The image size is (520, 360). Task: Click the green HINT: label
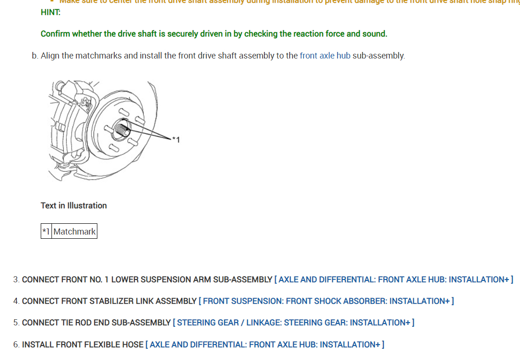tap(50, 12)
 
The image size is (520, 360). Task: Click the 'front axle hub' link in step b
tap(325, 56)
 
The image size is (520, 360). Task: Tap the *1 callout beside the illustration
tap(176, 139)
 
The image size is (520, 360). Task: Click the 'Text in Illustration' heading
tap(73, 206)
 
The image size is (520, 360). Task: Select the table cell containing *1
tap(46, 231)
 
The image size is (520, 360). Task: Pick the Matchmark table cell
tap(74, 231)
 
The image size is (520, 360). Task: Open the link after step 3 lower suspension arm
tap(394, 279)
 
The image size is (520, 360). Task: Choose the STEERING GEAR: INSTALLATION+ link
tap(293, 323)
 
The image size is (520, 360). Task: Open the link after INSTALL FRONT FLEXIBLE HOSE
tap(265, 345)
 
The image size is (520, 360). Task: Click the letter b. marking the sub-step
tap(35, 56)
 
